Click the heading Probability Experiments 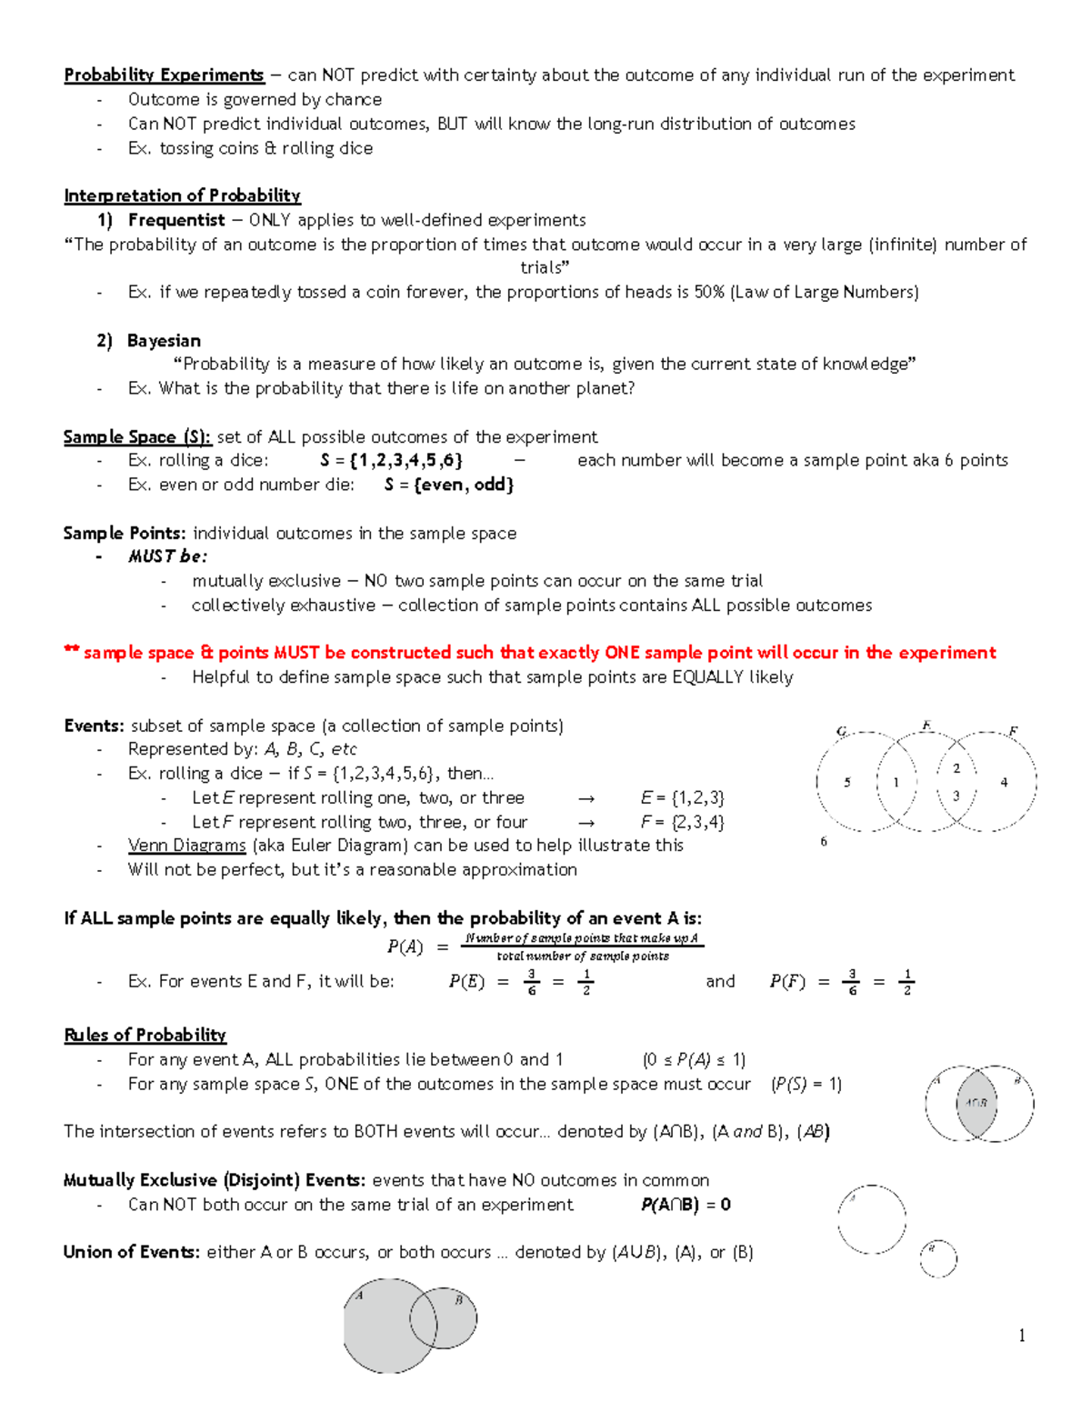(164, 75)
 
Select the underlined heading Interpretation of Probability (182, 195)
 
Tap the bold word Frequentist (176, 220)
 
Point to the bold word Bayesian (164, 341)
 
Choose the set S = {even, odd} (449, 485)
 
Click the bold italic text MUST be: (167, 556)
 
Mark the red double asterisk (71, 652)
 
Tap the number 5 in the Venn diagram (847, 782)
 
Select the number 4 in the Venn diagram (1004, 782)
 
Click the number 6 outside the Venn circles (824, 842)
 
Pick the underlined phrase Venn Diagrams (186, 846)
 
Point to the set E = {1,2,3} (682, 798)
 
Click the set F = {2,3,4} (682, 822)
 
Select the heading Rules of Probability (145, 1035)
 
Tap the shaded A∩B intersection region (976, 1103)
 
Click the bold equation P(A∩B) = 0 (686, 1205)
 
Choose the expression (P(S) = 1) (806, 1084)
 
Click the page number (1022, 1336)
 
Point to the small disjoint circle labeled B (937, 1258)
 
